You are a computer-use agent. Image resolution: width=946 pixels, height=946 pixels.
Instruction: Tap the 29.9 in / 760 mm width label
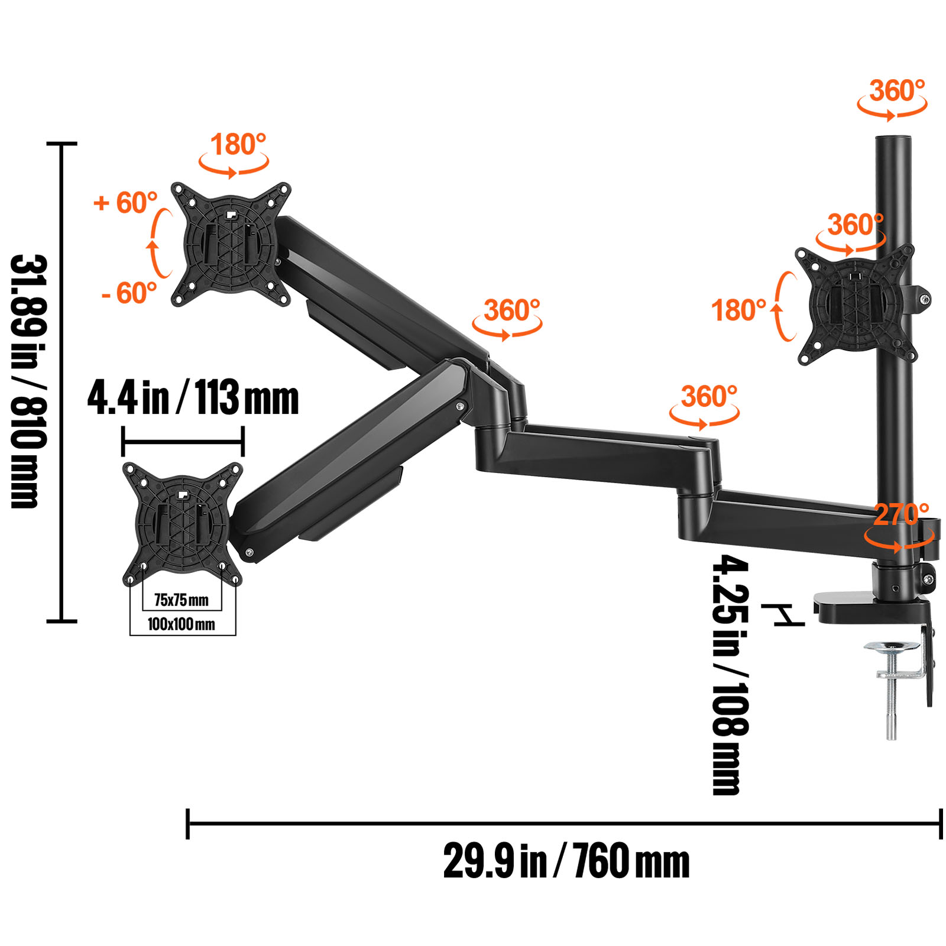(566, 861)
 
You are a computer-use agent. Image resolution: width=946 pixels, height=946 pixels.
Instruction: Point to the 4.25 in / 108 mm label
(730, 674)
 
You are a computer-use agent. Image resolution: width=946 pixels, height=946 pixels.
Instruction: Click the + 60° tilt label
(125, 203)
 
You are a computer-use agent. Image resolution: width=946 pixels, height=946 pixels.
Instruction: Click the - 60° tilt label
(129, 293)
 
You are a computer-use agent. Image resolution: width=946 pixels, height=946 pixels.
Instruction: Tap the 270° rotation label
(900, 514)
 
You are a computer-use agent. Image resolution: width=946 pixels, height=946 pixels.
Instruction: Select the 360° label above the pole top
(896, 91)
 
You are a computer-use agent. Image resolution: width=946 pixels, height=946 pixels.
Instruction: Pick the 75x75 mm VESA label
(182, 600)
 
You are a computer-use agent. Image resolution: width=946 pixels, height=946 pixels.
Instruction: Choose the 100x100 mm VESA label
(182, 624)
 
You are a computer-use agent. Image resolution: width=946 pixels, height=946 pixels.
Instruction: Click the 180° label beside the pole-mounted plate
(738, 310)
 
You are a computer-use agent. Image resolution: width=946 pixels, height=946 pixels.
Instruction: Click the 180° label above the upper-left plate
(238, 144)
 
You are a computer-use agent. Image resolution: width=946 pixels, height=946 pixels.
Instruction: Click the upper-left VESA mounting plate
(231, 244)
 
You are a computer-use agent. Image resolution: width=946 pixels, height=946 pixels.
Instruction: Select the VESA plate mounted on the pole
(854, 304)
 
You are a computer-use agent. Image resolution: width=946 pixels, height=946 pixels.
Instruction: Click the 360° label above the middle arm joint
(708, 397)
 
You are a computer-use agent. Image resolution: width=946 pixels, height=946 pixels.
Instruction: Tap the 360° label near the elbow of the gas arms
(511, 310)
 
